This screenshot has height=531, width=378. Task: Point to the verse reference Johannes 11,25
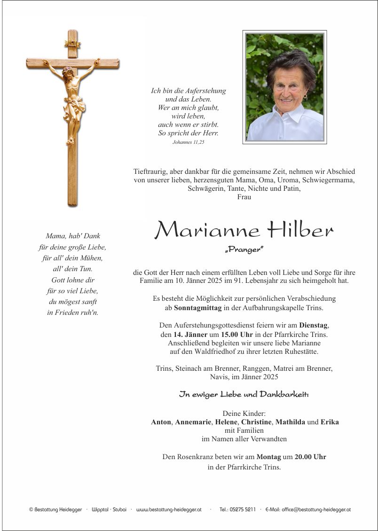[188, 142]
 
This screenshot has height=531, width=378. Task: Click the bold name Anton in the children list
[161, 422]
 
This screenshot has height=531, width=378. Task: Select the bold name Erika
[330, 422]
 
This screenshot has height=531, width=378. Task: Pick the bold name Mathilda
[291, 422]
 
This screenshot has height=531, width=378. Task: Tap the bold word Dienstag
[314, 325]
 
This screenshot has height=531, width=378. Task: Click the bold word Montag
[269, 456]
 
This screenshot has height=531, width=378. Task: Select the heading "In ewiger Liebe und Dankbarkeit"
[244, 394]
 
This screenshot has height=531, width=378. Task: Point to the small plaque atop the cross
[72, 44]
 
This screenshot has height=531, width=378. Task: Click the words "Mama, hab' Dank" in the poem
[73, 236]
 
